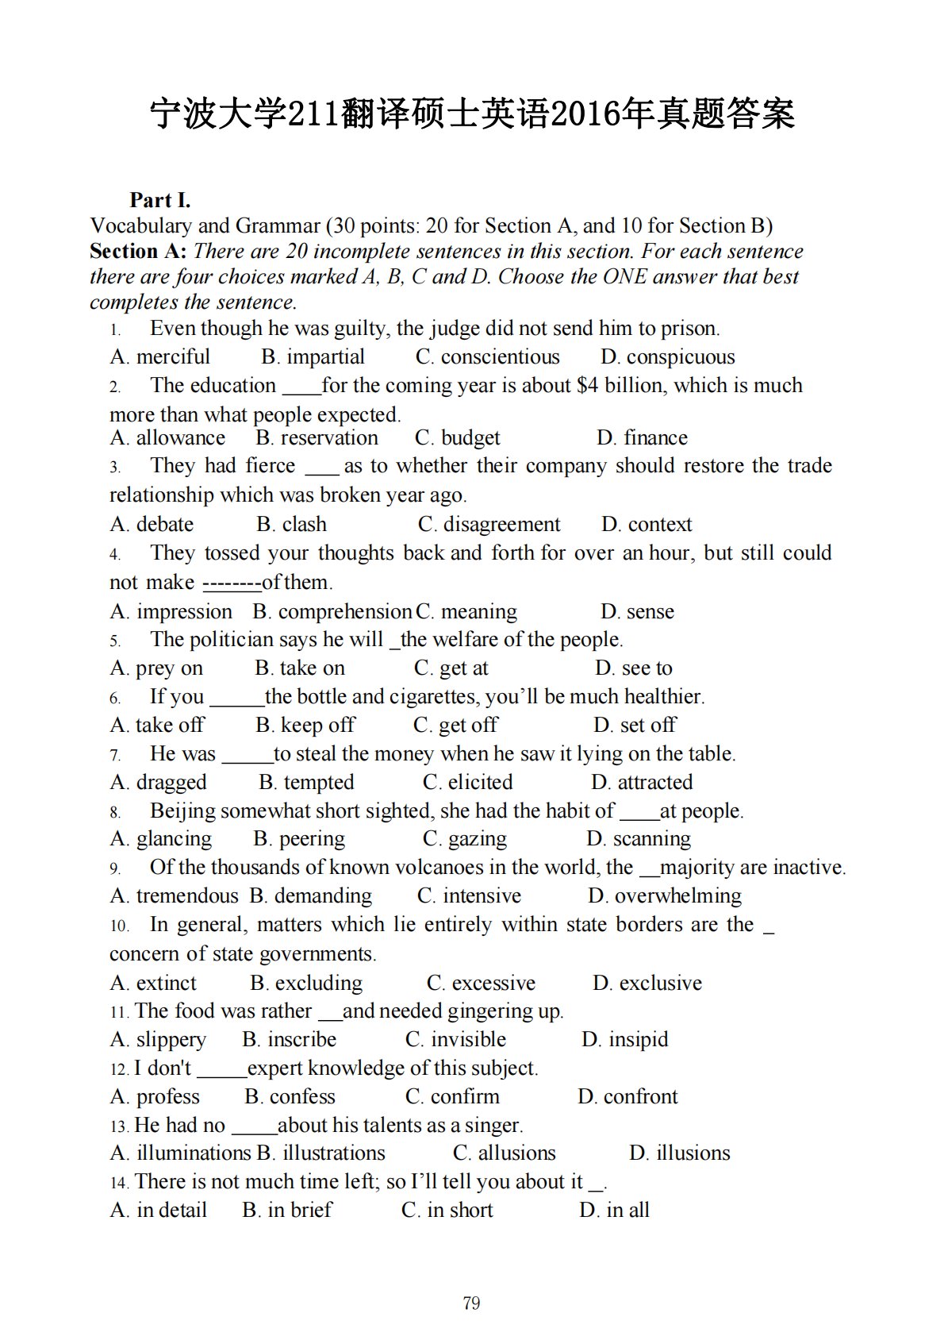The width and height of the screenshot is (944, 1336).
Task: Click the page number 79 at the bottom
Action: pyautogui.click(x=471, y=1303)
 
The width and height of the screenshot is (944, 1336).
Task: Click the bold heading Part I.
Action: pyautogui.click(x=160, y=200)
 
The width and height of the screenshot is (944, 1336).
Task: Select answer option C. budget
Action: pyautogui.click(x=457, y=437)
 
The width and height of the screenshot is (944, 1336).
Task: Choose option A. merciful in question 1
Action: pyautogui.click(x=160, y=357)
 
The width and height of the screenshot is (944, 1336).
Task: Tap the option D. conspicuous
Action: pyautogui.click(x=667, y=357)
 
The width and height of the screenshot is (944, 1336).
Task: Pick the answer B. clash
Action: pyautogui.click(x=291, y=524)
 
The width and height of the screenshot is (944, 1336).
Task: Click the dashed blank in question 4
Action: pyautogui.click(x=232, y=583)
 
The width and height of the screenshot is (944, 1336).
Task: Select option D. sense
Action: pyautogui.click(x=637, y=611)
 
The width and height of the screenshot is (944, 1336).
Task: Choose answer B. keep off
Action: pyautogui.click(x=305, y=725)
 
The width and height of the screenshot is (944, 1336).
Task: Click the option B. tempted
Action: pyautogui.click(x=306, y=782)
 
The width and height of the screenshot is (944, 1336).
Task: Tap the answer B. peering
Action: pyautogui.click(x=299, y=839)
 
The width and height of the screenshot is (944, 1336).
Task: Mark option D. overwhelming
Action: pyautogui.click(x=664, y=896)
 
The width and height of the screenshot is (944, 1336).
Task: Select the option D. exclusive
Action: pyautogui.click(x=647, y=983)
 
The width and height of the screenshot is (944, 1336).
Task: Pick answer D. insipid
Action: pyautogui.click(x=624, y=1039)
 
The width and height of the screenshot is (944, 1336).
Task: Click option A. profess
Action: pyautogui.click(x=155, y=1096)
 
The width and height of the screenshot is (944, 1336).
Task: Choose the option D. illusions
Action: pyautogui.click(x=679, y=1153)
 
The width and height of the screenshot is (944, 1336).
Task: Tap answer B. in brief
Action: pyautogui.click(x=287, y=1210)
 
